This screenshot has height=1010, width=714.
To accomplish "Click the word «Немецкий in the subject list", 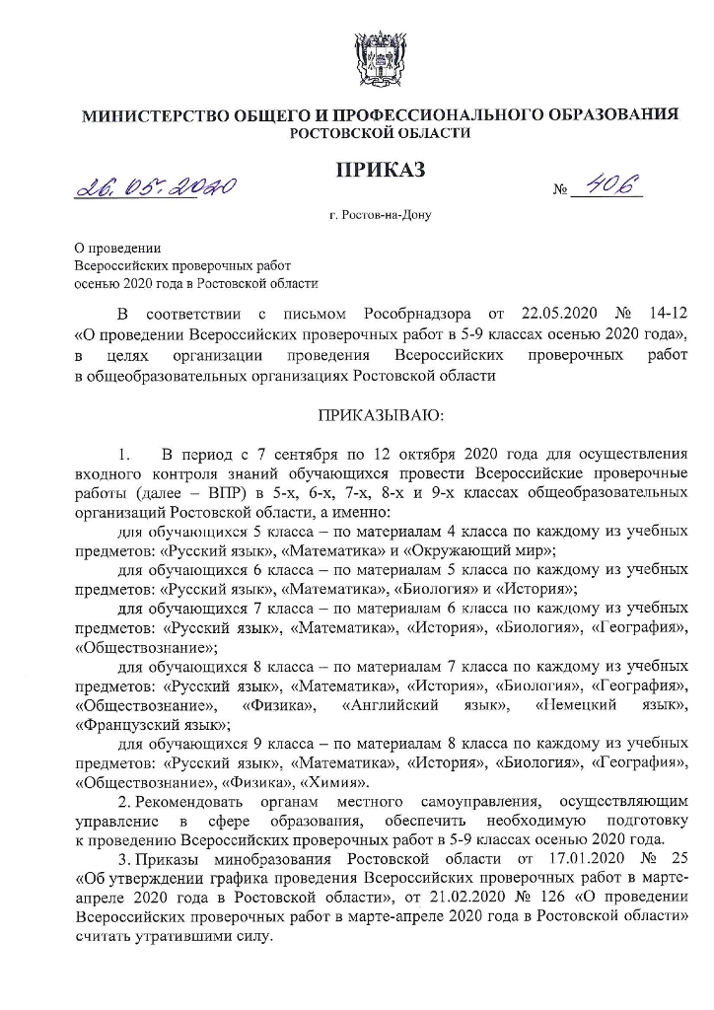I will [x=575, y=705].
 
